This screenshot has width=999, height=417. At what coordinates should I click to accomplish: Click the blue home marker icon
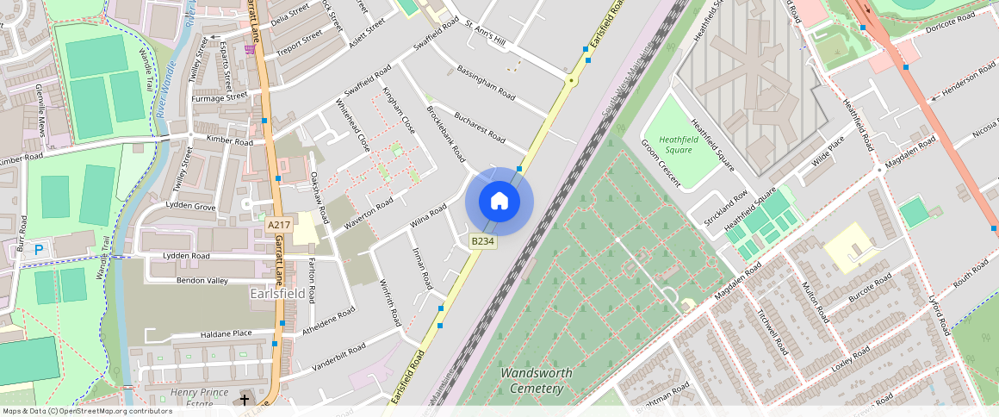[499, 202]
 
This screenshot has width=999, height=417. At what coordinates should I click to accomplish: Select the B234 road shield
[482, 242]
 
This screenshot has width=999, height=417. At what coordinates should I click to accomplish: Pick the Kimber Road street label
[230, 140]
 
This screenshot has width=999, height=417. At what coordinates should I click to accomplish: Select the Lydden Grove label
[190, 207]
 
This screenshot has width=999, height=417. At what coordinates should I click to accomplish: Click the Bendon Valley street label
[202, 281]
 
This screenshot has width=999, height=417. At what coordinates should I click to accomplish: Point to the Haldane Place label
[226, 333]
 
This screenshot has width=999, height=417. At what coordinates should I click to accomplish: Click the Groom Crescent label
[661, 164]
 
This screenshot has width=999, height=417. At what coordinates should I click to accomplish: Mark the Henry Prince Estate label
[191, 398]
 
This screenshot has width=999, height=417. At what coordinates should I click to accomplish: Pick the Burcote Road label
[870, 289]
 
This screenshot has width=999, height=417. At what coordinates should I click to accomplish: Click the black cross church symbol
[245, 400]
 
